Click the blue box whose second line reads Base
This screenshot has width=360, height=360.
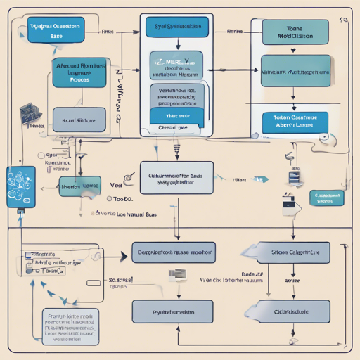(55, 30)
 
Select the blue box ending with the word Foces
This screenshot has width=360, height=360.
(79, 72)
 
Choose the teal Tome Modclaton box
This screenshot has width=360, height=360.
(294, 32)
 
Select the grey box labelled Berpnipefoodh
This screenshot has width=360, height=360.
(173, 251)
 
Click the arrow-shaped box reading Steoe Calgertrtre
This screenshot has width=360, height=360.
(288, 251)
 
